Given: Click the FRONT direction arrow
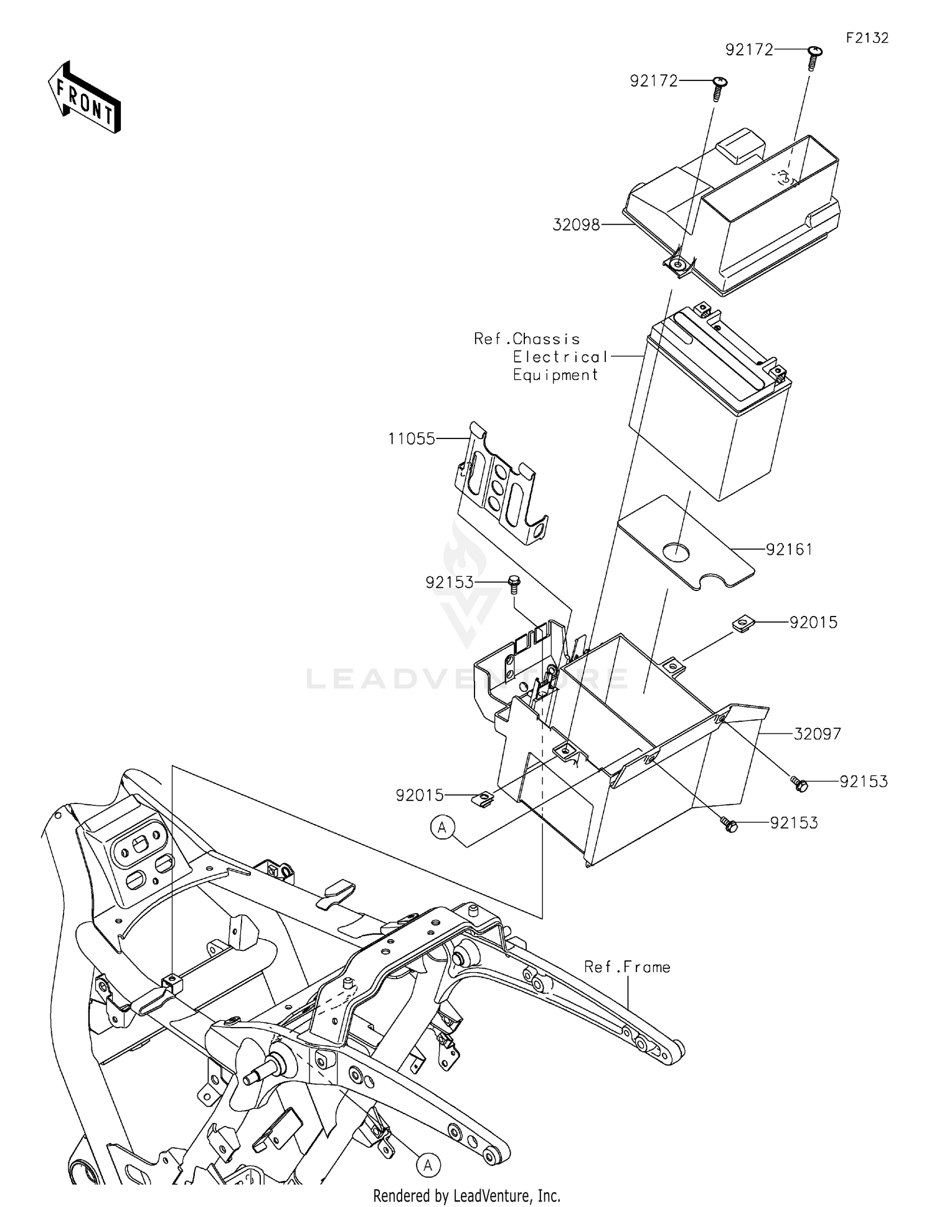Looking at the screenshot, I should [85, 98].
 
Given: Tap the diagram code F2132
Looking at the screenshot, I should [867, 38].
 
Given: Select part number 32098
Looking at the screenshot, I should [576, 225].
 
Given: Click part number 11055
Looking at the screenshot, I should [412, 439].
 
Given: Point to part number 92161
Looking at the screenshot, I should [789, 549].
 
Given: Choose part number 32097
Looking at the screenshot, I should [817, 734].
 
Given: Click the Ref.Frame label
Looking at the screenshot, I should [627, 967].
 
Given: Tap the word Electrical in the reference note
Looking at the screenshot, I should [560, 357].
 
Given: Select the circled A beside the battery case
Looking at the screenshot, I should [442, 828].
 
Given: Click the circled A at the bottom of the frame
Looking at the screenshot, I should [428, 1165].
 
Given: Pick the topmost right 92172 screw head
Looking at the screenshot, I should [814, 51].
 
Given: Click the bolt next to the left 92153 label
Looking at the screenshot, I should [514, 582].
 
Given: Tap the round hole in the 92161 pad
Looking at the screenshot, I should [677, 550].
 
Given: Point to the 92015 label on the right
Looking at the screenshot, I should [813, 622].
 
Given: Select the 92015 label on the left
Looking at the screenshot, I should [420, 795].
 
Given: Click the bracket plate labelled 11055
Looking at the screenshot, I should [502, 486].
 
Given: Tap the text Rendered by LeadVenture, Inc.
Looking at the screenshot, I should [466, 1196].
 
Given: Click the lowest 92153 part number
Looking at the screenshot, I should [794, 823].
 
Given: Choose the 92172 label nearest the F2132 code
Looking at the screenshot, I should [749, 50].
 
